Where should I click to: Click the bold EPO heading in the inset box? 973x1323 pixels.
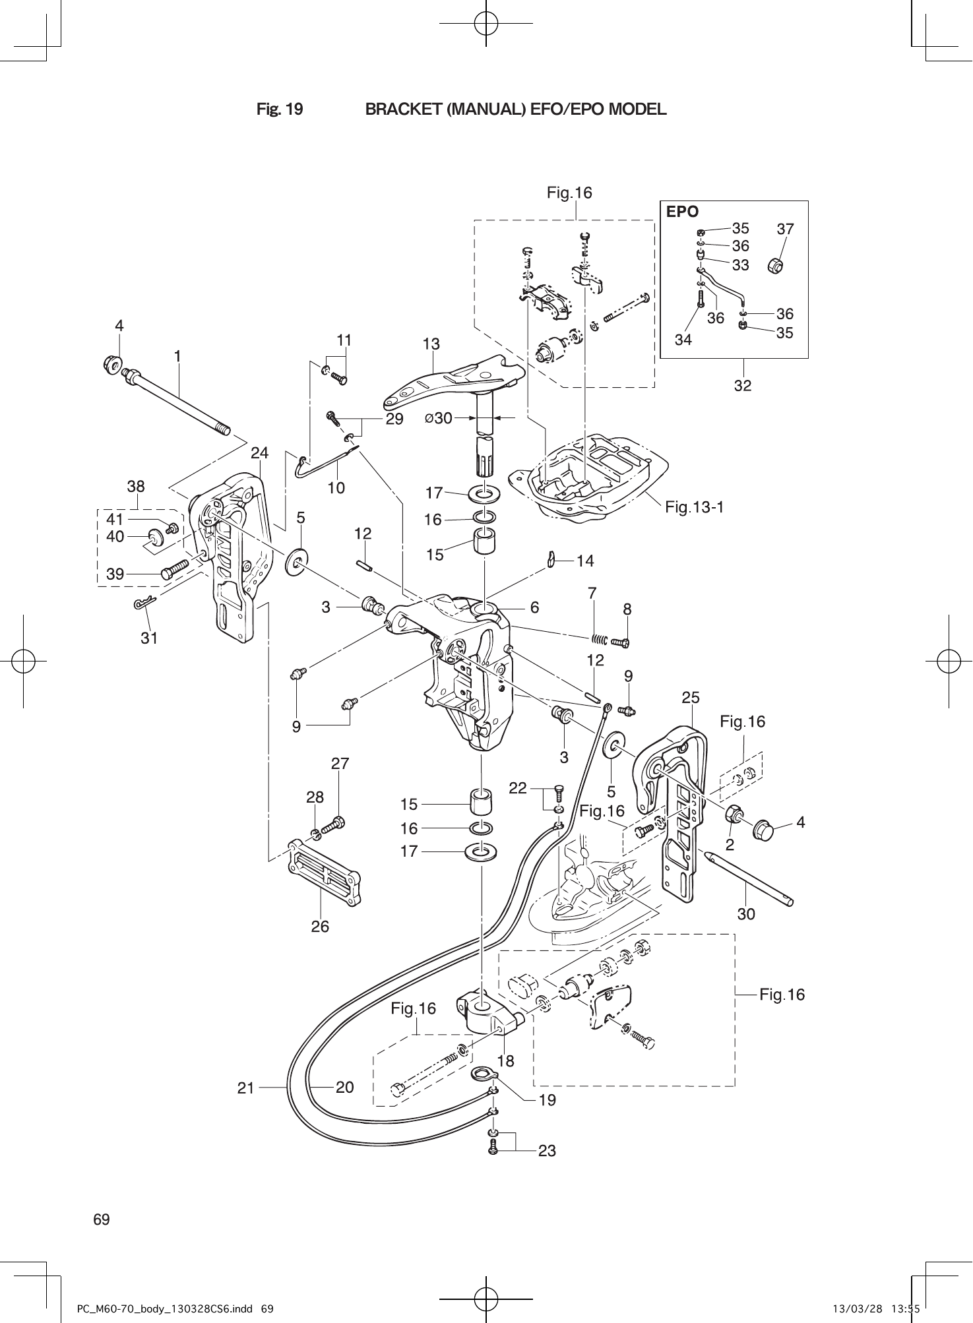pos(682,212)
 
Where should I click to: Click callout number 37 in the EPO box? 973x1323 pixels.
pos(785,229)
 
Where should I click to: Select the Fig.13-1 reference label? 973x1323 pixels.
pos(695,507)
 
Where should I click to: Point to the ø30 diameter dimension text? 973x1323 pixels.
pos(439,418)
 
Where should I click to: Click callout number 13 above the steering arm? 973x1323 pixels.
pos(431,344)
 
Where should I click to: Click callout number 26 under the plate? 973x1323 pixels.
pos(320,927)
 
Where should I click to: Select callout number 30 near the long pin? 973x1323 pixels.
pos(746,914)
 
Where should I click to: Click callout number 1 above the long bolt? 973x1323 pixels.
pos(177,355)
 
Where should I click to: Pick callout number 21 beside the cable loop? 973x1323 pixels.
pos(246,1088)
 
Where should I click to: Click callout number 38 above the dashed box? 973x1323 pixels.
pos(136,487)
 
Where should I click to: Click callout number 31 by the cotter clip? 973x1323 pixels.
pos(149,638)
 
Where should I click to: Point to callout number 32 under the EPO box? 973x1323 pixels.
pos(743,386)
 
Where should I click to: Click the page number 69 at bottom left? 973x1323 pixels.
pos(102,1219)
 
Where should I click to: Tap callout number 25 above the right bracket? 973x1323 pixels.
pos(691,697)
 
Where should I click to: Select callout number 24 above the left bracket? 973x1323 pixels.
pos(260,453)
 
